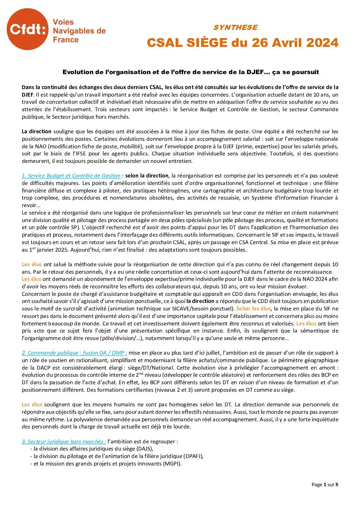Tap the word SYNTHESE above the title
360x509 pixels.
tap(235, 28)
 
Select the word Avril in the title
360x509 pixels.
tap(278, 43)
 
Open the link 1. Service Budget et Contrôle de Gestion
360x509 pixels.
tap(71, 176)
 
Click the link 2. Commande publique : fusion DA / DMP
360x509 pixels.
tap(75, 353)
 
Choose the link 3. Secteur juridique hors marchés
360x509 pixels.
tap(64, 442)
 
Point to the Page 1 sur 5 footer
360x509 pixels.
tap(325, 485)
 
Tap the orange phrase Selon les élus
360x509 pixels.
tap(253, 309)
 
